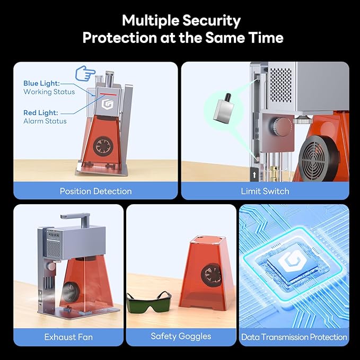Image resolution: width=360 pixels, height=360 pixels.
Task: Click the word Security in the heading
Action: (x=211, y=21)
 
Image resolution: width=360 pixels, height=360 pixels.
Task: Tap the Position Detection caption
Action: (x=95, y=191)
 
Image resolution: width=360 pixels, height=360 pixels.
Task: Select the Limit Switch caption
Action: (x=265, y=191)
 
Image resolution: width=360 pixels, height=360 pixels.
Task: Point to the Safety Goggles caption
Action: (x=181, y=336)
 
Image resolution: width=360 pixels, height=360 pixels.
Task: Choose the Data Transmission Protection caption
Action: (x=294, y=337)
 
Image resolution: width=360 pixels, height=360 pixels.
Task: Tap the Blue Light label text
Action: (x=41, y=83)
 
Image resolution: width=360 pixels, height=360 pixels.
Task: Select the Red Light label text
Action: (x=40, y=113)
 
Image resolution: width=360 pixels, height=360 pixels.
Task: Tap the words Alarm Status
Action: (x=45, y=121)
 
